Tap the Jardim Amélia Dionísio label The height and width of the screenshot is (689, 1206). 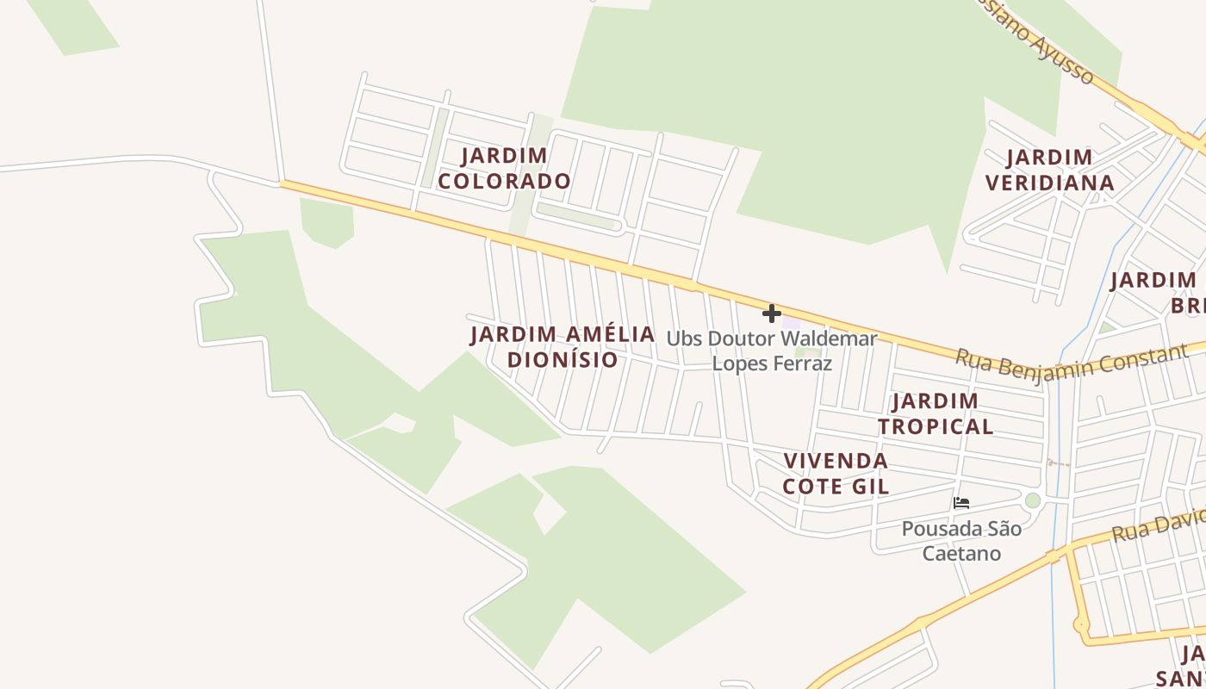click(x=563, y=346)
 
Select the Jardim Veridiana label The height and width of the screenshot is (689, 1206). click(x=1050, y=170)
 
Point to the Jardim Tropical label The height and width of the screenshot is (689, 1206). click(x=936, y=413)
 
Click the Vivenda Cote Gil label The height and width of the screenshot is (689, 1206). click(x=836, y=473)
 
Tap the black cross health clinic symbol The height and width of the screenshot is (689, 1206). click(x=772, y=313)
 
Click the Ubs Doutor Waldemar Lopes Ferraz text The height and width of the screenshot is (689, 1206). click(x=772, y=351)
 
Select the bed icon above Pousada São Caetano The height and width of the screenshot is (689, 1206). click(x=961, y=502)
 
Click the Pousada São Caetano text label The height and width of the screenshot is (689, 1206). click(x=961, y=540)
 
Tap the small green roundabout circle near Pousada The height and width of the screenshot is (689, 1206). click(x=1032, y=500)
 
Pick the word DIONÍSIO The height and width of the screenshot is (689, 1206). click(x=563, y=359)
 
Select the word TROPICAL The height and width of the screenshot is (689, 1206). click(x=936, y=426)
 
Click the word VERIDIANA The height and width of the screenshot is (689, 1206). click(x=1050, y=183)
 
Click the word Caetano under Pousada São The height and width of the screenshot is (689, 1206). click(x=961, y=553)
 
